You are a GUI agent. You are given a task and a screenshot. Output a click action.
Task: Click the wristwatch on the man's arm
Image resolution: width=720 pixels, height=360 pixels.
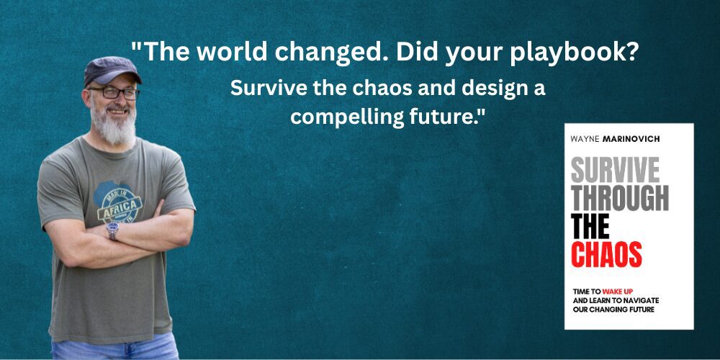click(x=112, y=230)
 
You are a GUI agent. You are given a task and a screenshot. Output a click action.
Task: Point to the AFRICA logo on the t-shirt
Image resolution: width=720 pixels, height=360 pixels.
click(x=120, y=204)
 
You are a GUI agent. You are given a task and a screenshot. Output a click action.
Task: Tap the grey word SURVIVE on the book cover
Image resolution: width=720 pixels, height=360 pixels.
click(x=615, y=171)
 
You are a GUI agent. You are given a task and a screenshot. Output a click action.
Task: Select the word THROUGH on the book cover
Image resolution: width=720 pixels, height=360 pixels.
click(x=619, y=198)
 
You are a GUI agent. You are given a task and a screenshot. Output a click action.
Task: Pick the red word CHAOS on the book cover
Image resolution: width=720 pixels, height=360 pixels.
click(x=606, y=253)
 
